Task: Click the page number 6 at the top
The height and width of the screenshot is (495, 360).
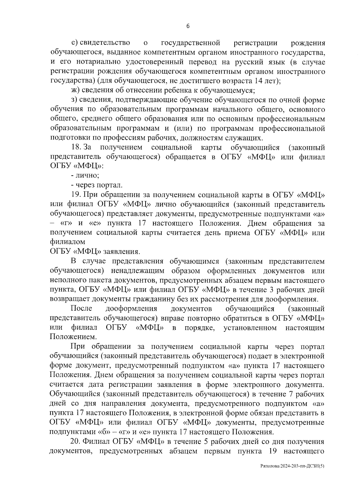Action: [x=188, y=26]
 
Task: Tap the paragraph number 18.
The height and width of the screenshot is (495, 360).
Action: [x=76, y=147]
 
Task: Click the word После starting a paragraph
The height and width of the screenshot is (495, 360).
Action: [x=81, y=309]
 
